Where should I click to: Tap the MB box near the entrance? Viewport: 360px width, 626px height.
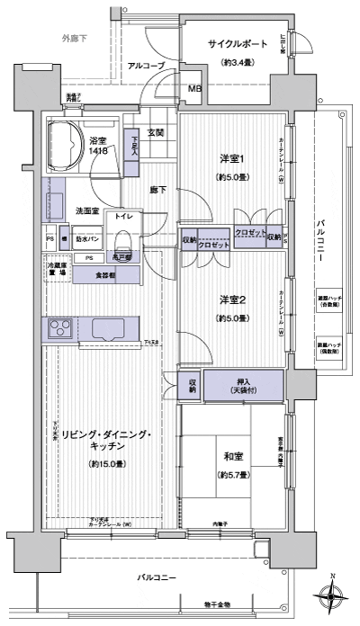[x=194, y=88]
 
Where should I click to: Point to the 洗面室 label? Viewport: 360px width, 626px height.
[x=87, y=210]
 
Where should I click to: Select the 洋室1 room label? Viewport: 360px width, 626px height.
[x=230, y=159]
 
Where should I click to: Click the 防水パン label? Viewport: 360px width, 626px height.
[x=87, y=239]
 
